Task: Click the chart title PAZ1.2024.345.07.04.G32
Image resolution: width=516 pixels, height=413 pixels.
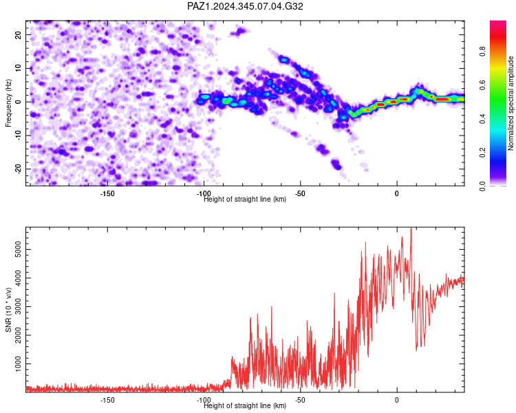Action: point(245,6)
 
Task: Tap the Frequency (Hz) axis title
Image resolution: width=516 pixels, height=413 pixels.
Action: point(8,103)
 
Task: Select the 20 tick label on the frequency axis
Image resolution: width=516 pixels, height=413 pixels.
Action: point(18,34)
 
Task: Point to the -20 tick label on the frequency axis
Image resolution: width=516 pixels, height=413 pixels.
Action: point(18,169)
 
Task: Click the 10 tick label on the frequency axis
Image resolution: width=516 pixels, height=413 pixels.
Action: point(18,68)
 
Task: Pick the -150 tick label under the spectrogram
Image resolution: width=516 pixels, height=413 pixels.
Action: point(107,193)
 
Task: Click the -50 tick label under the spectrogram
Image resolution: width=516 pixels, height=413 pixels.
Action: point(300,193)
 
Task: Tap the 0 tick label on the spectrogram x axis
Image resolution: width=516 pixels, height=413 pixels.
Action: point(397,193)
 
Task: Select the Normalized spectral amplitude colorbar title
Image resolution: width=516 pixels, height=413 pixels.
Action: point(510,103)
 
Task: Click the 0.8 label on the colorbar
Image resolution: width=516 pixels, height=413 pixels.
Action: point(482,52)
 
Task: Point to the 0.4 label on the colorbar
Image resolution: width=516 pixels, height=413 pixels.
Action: point(482,119)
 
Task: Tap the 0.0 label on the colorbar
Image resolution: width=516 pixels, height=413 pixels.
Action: point(482,186)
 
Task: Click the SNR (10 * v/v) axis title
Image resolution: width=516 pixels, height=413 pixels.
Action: point(8,310)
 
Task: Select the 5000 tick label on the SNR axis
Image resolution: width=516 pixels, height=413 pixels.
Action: point(18,250)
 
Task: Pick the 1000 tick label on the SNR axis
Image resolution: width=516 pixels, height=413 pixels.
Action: point(18,364)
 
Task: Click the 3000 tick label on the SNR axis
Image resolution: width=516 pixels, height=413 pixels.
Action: point(18,306)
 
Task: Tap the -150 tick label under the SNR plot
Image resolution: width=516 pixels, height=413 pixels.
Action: point(107,400)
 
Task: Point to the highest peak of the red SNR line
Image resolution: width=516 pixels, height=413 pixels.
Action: point(411,228)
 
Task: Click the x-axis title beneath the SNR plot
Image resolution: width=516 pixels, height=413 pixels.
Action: point(245,405)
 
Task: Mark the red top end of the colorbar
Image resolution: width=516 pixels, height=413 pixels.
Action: point(498,22)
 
